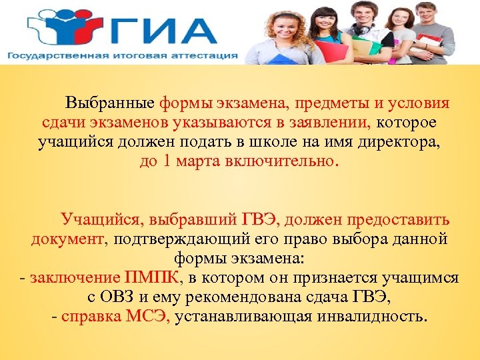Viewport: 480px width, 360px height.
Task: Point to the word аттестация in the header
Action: [x=204, y=55]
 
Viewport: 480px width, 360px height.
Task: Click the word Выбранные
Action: [x=110, y=105]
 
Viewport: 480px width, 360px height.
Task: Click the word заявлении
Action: [x=329, y=123]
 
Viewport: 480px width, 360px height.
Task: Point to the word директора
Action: [x=405, y=143]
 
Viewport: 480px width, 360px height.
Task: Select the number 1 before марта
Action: [x=167, y=162]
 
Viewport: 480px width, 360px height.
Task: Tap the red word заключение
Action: [x=75, y=278]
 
